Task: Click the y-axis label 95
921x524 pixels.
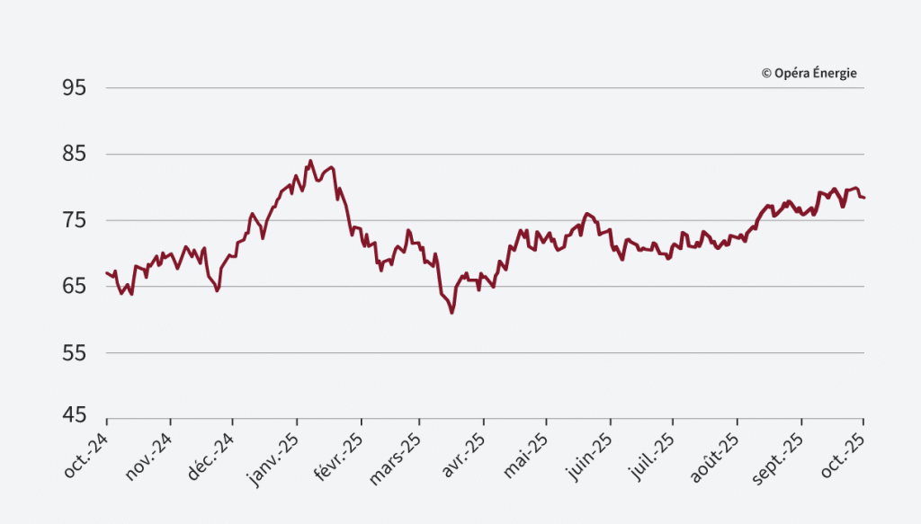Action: [75, 88]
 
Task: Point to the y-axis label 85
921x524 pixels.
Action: [75, 155]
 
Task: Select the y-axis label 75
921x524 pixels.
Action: [75, 220]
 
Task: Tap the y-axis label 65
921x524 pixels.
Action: [75, 287]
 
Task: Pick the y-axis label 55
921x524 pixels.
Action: [75, 353]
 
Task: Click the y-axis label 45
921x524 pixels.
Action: [75, 416]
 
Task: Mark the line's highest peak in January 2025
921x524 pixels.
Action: [310, 161]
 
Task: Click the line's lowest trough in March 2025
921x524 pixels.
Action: [452, 313]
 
